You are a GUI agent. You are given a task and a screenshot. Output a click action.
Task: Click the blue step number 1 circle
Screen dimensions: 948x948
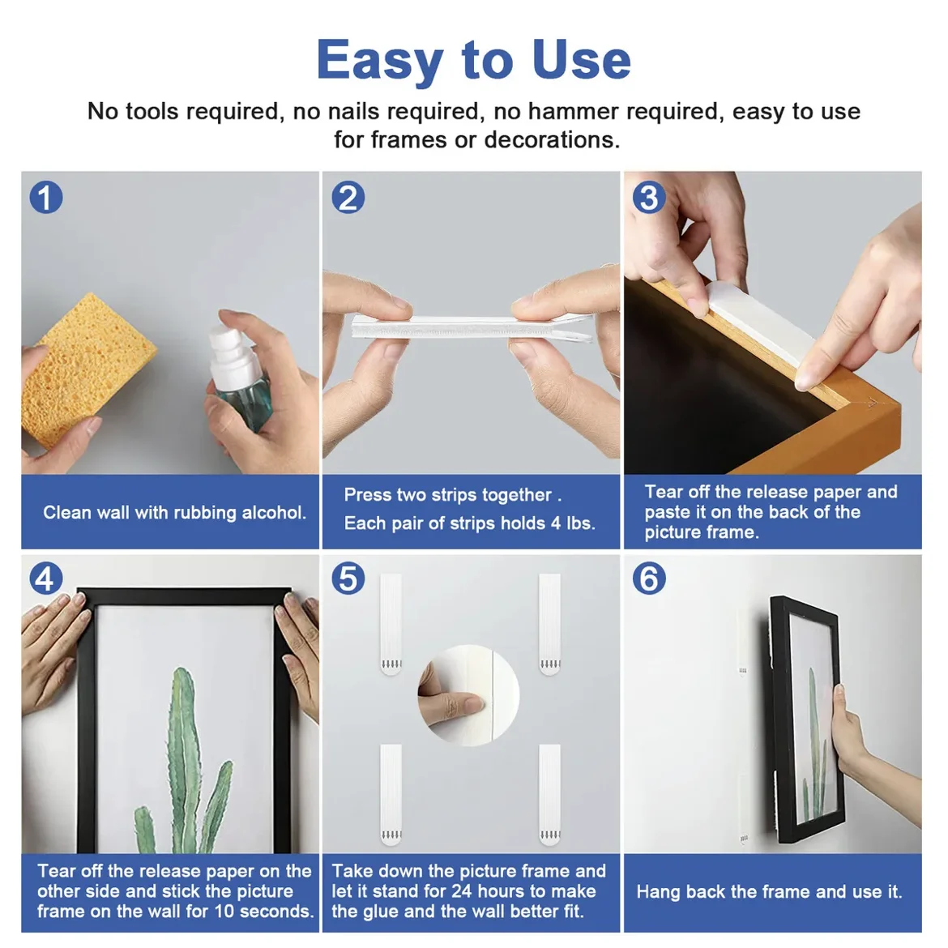pos(46,197)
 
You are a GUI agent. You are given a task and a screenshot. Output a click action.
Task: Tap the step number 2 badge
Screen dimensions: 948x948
pos(348,197)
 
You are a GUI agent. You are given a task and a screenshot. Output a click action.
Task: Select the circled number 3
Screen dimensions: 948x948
pos(649,197)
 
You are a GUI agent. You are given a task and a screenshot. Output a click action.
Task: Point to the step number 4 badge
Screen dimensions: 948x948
pos(46,578)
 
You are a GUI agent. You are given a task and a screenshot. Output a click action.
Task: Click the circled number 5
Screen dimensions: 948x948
pos(348,578)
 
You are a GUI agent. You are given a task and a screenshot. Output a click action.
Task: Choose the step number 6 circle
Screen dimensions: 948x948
pos(649,578)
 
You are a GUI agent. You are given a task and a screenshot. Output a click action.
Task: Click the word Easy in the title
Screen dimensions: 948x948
pos(380,61)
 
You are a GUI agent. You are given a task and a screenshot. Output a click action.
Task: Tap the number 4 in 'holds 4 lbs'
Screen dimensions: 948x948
pos(556,523)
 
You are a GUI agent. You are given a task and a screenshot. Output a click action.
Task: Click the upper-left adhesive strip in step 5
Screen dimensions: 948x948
pos(391,624)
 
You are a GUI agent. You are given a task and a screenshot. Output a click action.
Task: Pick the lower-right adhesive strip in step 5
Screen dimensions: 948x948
pos(549,794)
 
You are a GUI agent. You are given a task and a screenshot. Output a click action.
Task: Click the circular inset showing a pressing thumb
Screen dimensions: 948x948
pos(468,695)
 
